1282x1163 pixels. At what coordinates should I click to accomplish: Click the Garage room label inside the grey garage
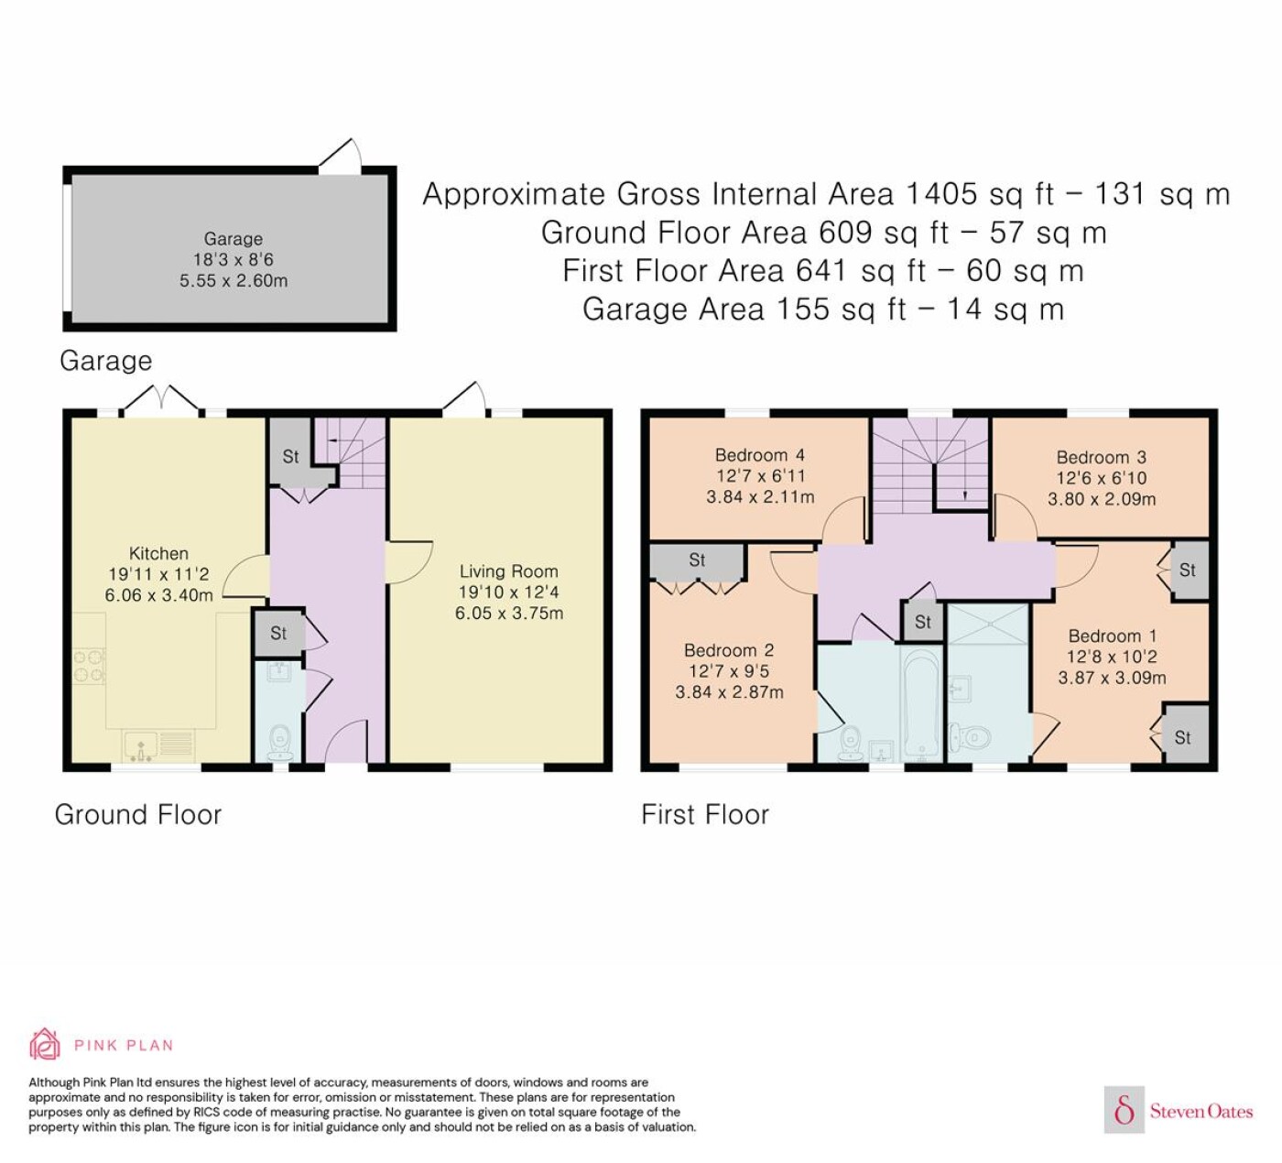234,238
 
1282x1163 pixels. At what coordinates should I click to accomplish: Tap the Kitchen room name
158,553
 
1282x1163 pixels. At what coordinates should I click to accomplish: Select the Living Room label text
509,571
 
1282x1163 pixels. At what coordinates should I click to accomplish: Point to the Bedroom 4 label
760,454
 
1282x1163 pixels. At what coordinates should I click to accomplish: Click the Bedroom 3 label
1101,457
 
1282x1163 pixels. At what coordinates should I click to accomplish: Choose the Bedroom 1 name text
1113,636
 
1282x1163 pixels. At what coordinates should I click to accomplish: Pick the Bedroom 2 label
729,650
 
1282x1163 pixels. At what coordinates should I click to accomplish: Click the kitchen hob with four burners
89,666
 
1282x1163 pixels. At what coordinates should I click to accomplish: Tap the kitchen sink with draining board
158,746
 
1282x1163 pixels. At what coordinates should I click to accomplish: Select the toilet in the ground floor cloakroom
280,745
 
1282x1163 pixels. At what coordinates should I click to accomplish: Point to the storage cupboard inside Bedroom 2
697,562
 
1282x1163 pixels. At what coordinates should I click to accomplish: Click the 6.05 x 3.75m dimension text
509,614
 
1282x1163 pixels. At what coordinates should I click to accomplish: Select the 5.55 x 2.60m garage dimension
234,281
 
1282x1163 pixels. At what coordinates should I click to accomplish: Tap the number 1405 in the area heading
941,194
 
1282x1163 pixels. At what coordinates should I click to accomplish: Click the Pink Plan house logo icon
45,1044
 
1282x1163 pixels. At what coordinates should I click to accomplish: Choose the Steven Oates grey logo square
1124,1109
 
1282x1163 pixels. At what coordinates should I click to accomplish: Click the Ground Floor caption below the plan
138,814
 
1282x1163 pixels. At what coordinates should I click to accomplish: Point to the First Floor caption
705,814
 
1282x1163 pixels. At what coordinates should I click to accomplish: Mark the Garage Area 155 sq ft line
823,310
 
